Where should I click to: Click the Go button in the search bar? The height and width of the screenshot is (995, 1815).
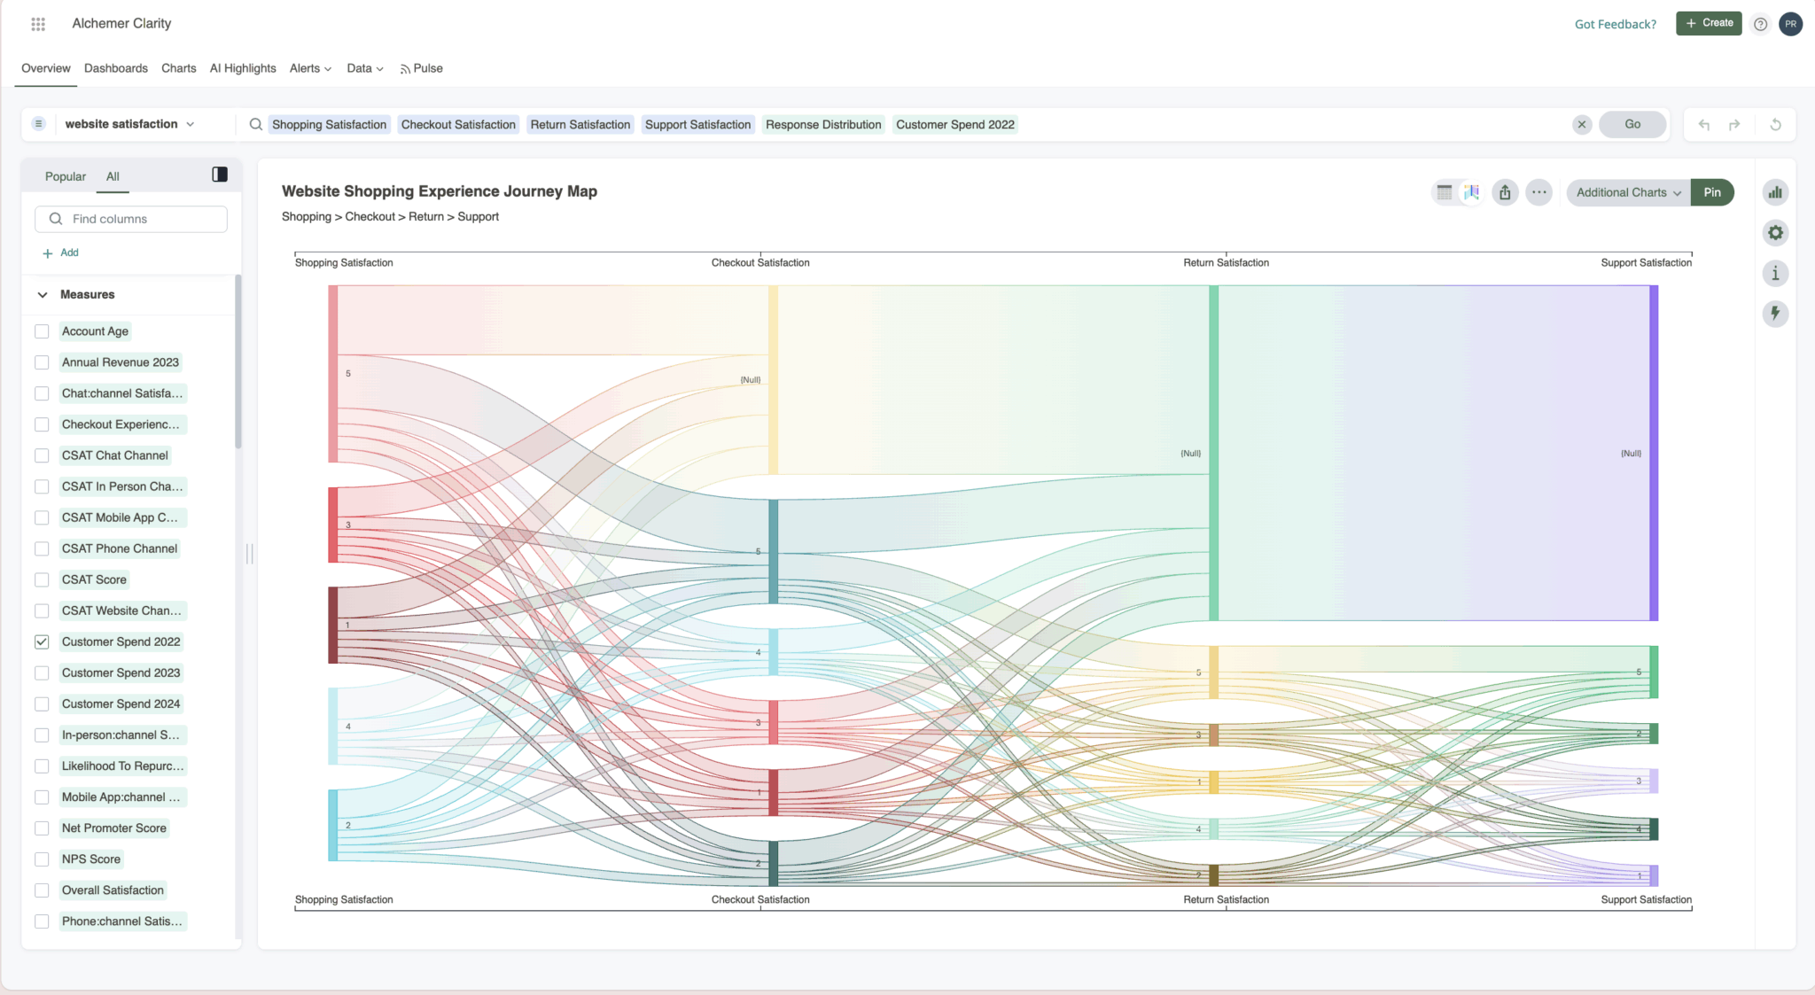pos(1632,124)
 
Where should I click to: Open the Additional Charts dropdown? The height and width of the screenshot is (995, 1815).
pos(1628,192)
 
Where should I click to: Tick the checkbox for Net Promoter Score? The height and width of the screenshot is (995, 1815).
pos(42,828)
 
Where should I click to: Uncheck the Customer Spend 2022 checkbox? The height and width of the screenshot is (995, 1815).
pos(42,642)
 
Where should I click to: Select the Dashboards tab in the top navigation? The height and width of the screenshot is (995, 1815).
pos(115,68)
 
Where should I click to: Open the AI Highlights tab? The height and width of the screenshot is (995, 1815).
pos(243,68)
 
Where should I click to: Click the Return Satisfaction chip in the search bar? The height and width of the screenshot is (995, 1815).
pos(580,125)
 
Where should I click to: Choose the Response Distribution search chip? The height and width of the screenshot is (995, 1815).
pos(822,125)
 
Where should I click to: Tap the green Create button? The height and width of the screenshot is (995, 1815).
pos(1709,23)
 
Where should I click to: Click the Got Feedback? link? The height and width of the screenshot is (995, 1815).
pos(1615,24)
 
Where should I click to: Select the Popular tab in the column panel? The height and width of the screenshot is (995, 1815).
pos(66,176)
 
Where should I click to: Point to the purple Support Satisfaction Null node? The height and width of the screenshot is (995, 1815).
pos(1654,453)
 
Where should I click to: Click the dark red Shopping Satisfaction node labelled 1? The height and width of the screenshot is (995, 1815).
pos(333,625)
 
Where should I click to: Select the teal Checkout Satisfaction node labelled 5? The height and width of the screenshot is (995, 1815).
pos(773,551)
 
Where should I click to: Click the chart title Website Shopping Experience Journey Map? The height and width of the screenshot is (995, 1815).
pos(440,191)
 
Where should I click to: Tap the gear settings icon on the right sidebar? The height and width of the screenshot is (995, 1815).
pos(1775,233)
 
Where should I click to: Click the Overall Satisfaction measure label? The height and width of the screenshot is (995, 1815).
pos(113,890)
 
